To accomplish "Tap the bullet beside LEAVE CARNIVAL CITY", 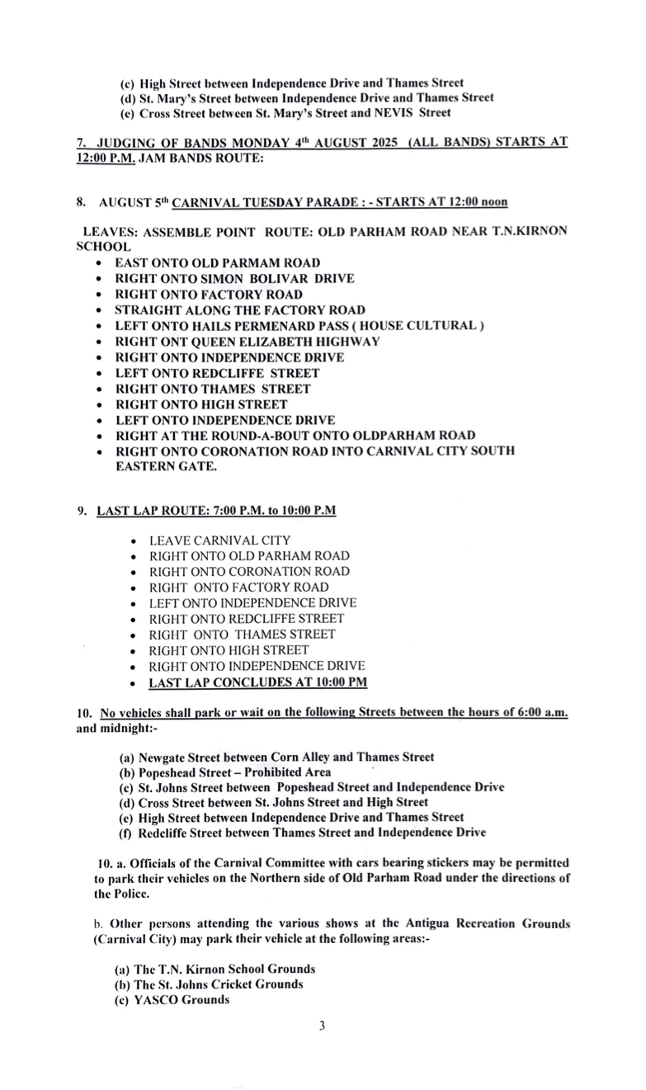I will coord(134,541).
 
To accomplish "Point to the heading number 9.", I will coord(82,511).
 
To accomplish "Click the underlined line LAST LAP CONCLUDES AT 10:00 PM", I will coord(257,682).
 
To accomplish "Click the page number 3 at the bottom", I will coord(323,1026).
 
